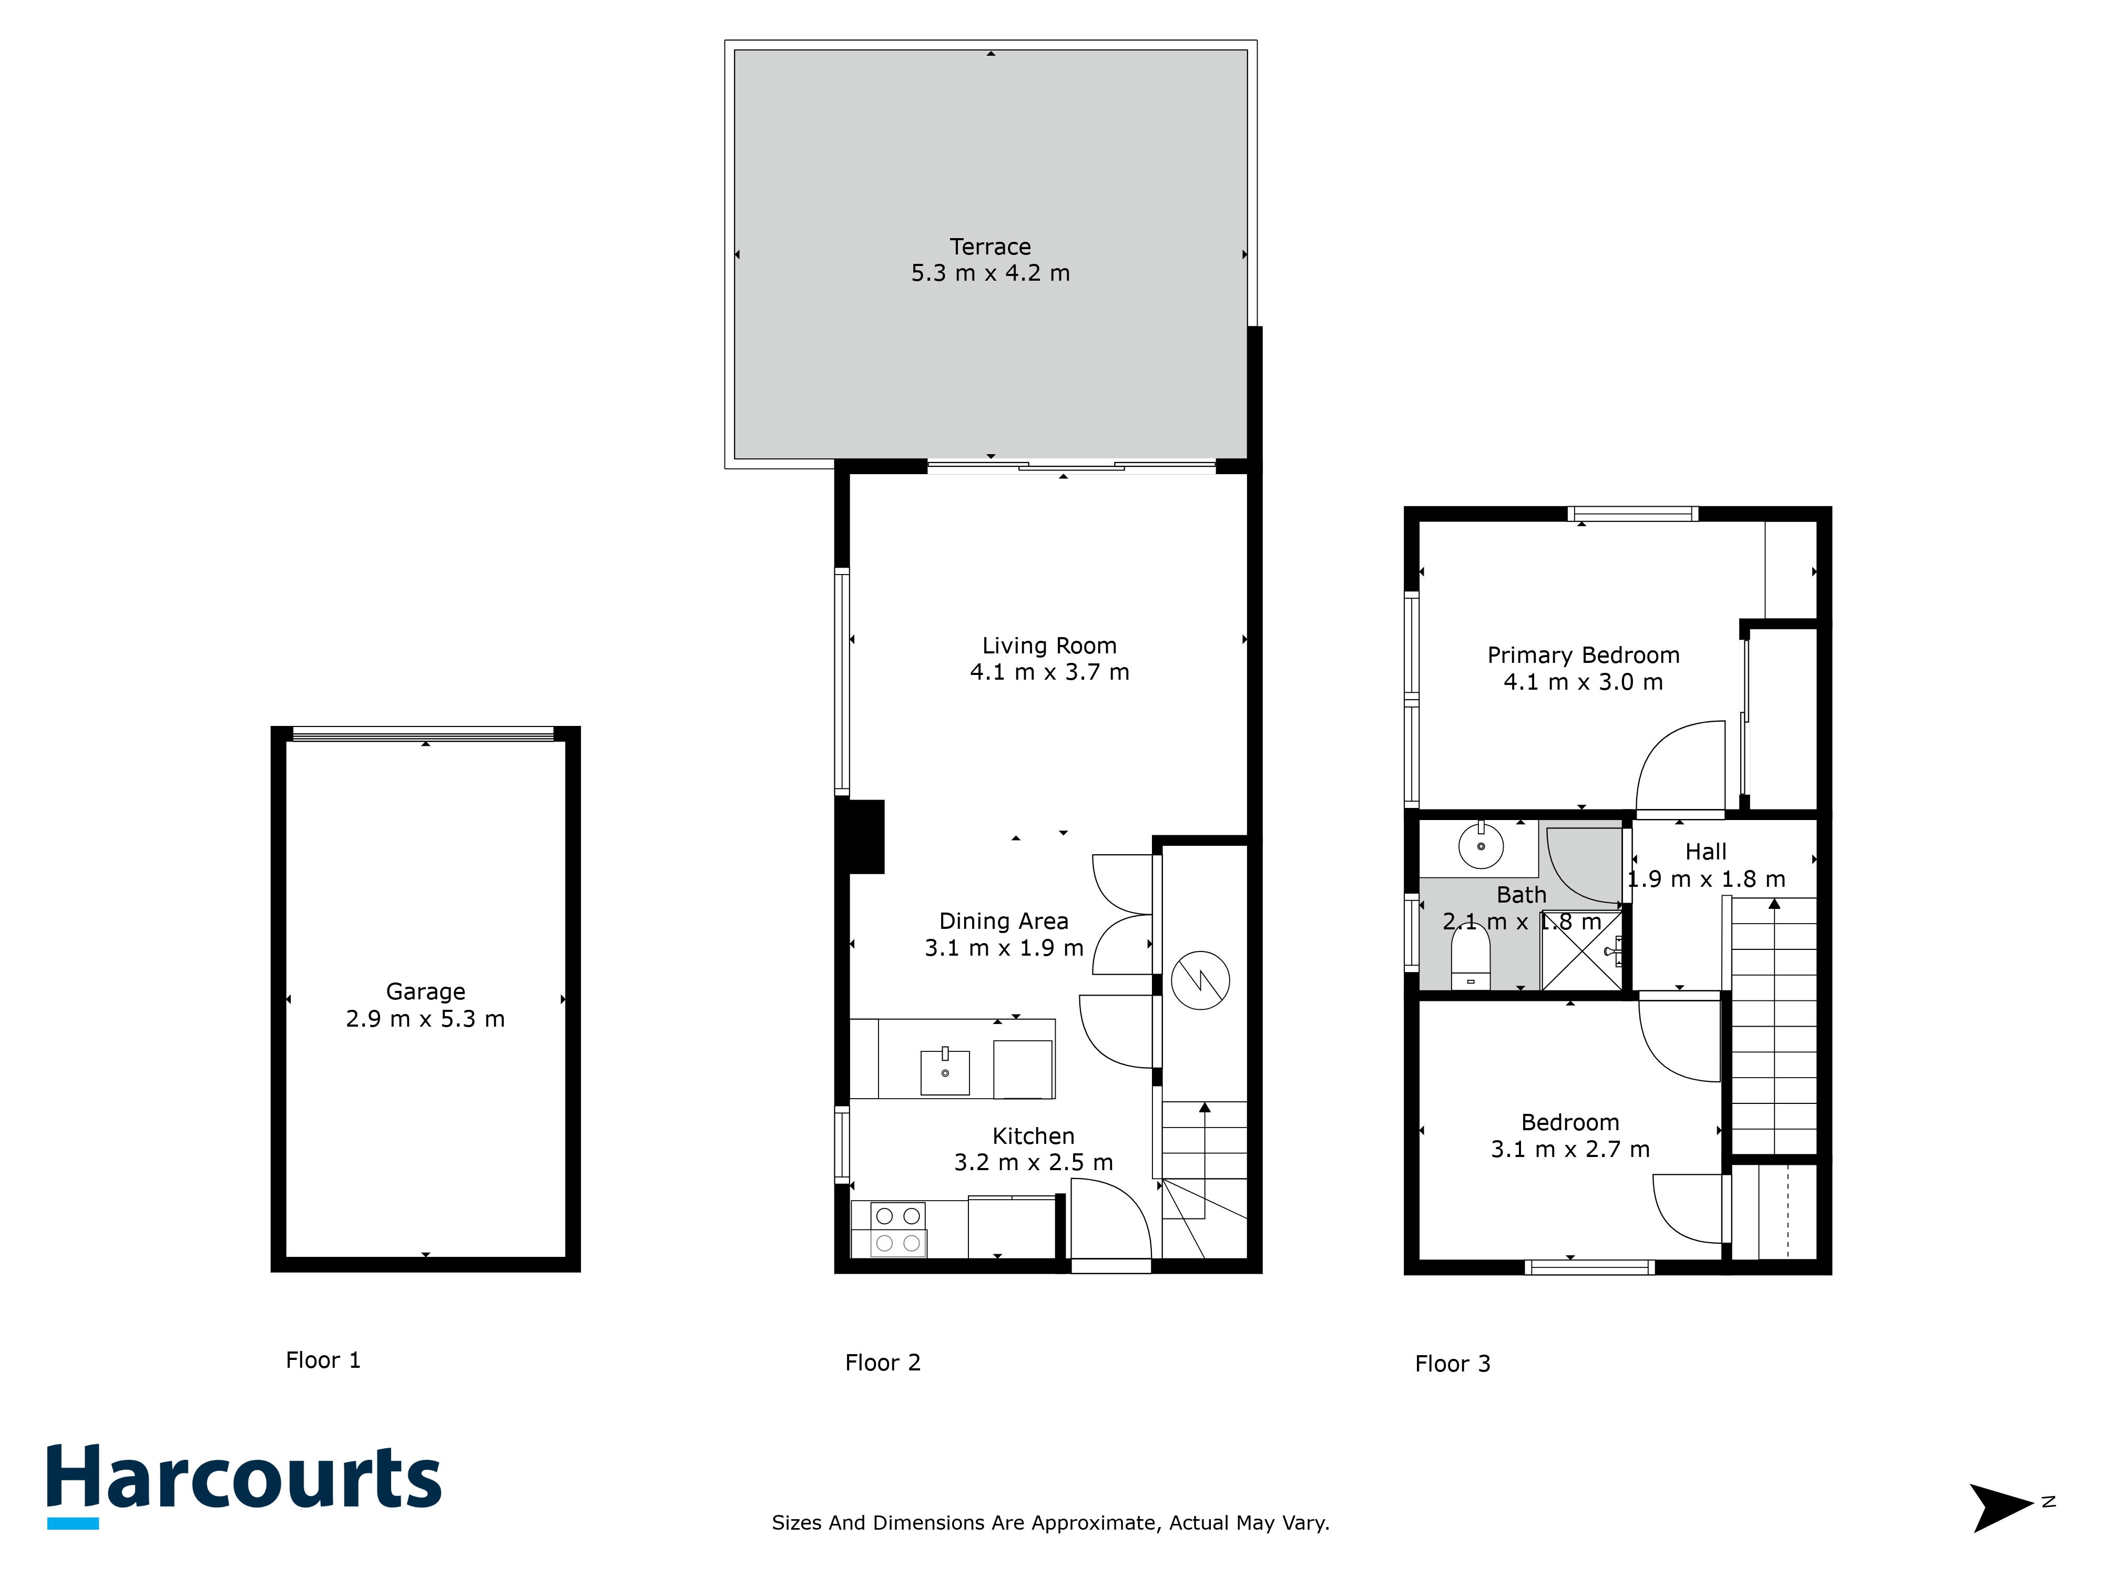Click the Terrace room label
(991, 247)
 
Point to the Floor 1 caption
(323, 1360)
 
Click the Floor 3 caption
(1453, 1364)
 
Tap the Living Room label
(1049, 647)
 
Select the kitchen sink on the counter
(945, 1072)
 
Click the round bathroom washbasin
(1481, 845)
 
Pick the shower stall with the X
(1581, 950)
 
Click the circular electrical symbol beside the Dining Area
(1201, 980)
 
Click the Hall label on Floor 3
(1706, 852)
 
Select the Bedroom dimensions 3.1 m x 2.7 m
(1570, 1149)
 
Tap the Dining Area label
(1004, 921)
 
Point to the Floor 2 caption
(883, 1363)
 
